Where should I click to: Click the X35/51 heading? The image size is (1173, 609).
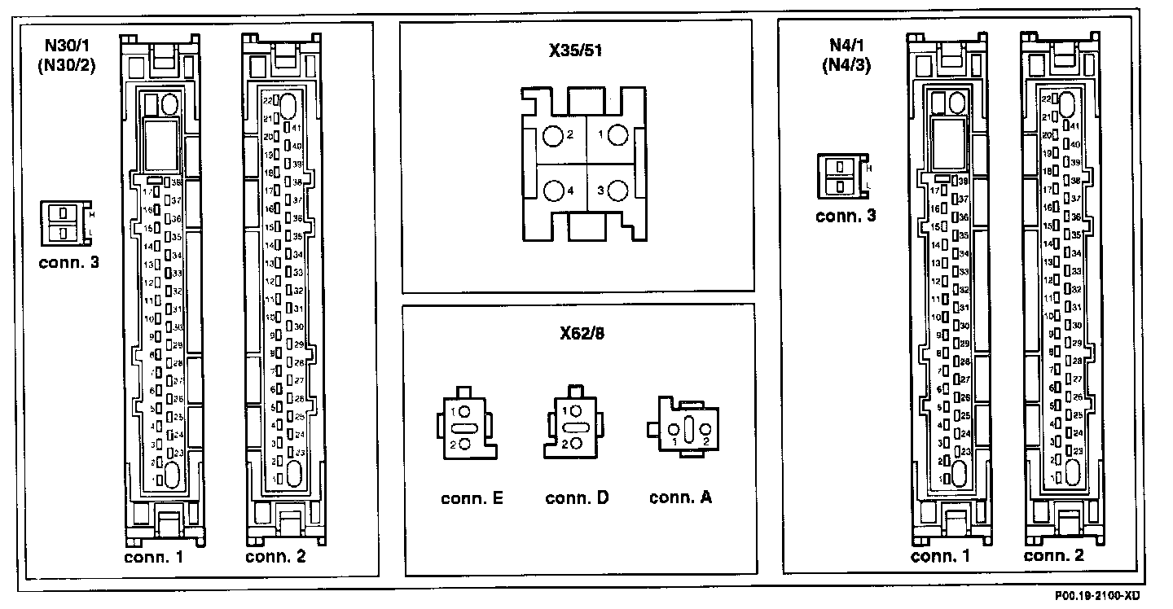click(575, 50)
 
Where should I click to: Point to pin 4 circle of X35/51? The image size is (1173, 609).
click(554, 191)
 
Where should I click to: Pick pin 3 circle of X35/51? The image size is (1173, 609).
click(617, 191)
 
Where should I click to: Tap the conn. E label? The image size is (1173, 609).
click(472, 497)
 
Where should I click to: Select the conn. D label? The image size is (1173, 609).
click(577, 497)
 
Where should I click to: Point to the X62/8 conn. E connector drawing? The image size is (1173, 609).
click(464, 427)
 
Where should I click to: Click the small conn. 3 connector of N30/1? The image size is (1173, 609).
click(62, 222)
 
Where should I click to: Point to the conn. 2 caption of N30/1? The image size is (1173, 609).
click(276, 558)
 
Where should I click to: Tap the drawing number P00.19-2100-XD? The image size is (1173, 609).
click(1118, 597)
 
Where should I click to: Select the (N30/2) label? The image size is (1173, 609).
click(67, 66)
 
